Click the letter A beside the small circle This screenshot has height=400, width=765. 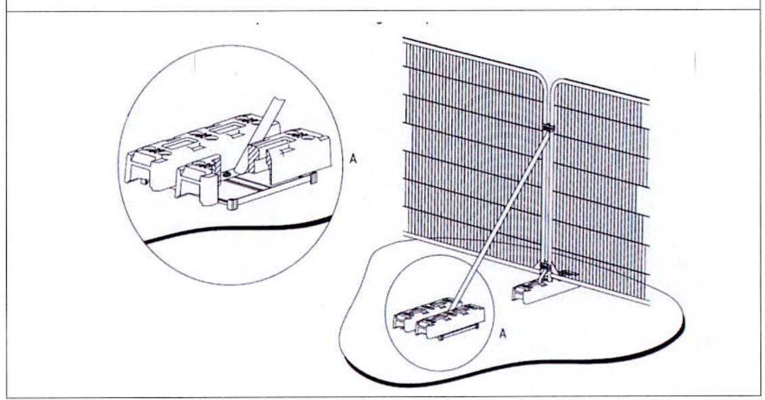[502, 334]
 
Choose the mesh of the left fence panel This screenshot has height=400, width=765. [467, 149]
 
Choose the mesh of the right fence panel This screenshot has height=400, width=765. [602, 190]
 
